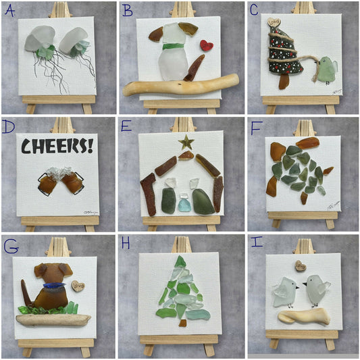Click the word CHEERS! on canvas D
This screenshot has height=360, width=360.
coord(57,147)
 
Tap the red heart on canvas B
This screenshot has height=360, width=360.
coord(207,46)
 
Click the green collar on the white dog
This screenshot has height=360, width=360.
coord(174,47)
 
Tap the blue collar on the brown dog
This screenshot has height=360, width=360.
coord(49,286)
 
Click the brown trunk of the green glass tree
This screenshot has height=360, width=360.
coord(182,323)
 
